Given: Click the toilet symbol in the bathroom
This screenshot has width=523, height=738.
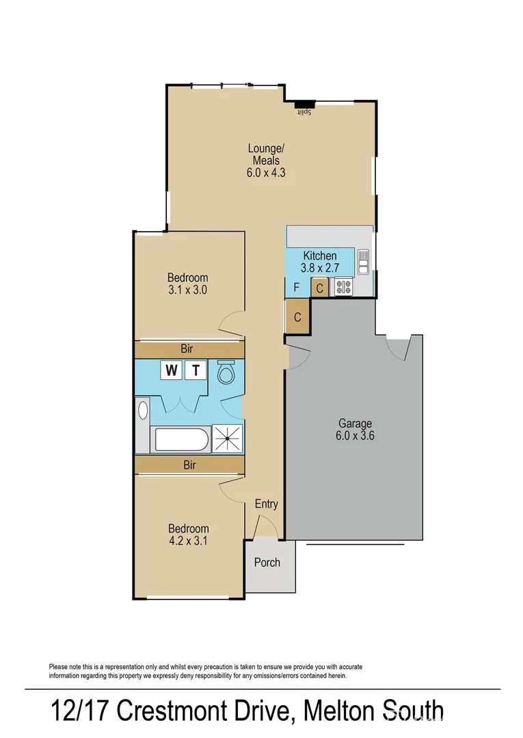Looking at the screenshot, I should (x=225, y=373).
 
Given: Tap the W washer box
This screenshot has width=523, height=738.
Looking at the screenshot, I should (x=171, y=370).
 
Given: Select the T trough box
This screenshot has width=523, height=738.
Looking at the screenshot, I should (x=196, y=370).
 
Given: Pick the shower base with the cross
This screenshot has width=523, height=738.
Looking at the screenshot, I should (x=227, y=438).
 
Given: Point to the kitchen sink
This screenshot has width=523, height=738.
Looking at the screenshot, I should (x=363, y=262).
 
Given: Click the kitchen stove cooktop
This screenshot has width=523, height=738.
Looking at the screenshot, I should (x=343, y=287).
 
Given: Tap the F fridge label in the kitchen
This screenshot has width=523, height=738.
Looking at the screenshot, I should (x=296, y=288).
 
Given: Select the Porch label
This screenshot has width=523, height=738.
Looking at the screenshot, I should (x=267, y=562).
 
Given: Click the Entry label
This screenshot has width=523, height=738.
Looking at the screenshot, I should (x=267, y=504).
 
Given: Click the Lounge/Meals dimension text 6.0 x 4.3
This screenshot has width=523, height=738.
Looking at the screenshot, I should (x=266, y=173).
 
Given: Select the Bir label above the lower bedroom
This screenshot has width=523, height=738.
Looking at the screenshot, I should (x=189, y=465).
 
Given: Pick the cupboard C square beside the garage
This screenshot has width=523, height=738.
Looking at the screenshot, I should (x=297, y=317).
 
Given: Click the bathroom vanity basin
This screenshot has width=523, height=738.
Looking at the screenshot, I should (x=142, y=410).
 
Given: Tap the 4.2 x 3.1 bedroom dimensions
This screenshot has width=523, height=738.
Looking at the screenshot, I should (x=188, y=541).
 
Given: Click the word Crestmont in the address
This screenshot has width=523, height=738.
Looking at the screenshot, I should (x=201, y=711).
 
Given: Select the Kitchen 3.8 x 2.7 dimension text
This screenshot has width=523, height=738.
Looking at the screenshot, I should (x=320, y=269).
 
